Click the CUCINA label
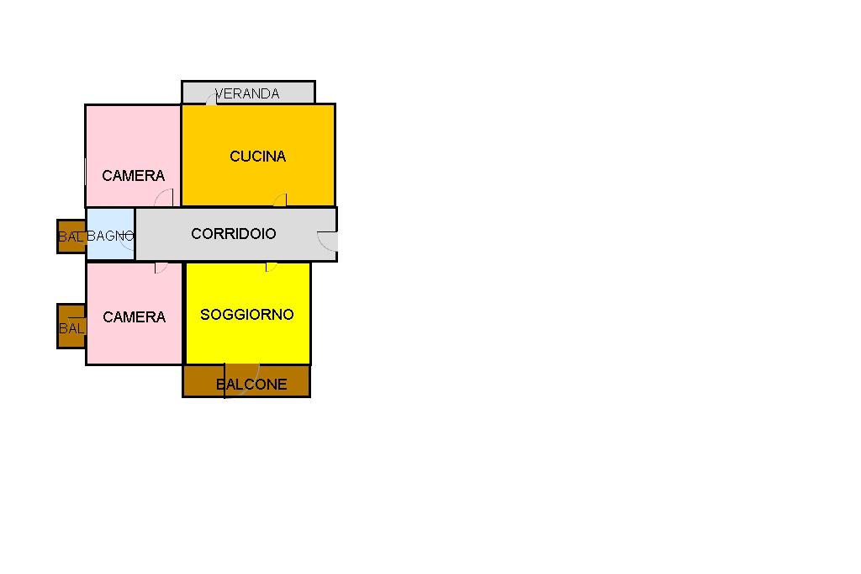(x=257, y=157)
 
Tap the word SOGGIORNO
(x=247, y=315)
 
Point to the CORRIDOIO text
(x=234, y=234)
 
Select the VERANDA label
(x=247, y=94)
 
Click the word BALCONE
(x=251, y=385)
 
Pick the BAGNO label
(x=110, y=236)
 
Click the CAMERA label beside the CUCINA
(x=134, y=176)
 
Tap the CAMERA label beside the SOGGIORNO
(x=134, y=317)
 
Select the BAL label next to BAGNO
(x=71, y=237)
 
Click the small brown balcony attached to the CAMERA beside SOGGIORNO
(x=71, y=327)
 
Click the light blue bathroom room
(x=110, y=234)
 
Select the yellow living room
(x=248, y=313)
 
